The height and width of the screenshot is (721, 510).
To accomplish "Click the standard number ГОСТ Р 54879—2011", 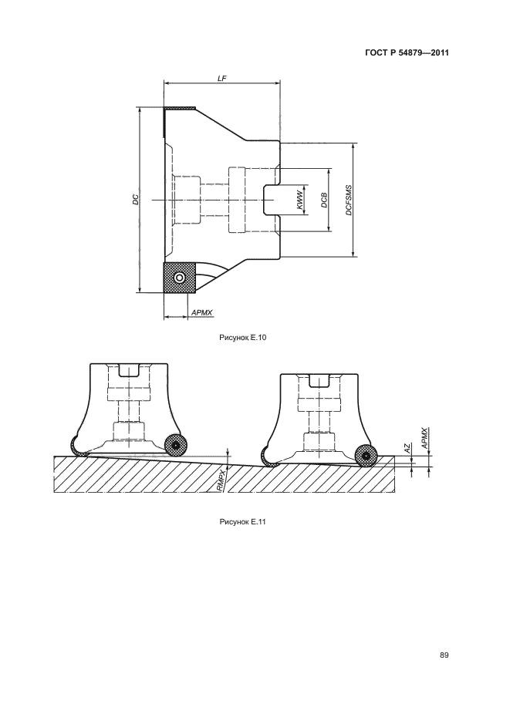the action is [x=407, y=52].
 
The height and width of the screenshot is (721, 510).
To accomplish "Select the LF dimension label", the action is [x=221, y=79].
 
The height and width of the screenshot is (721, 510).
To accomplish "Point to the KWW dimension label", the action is [x=300, y=200].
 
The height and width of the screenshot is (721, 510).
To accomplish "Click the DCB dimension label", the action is [x=324, y=200].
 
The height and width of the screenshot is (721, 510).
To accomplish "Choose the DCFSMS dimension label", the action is [x=349, y=200].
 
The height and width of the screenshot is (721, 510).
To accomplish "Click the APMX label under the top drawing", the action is [x=202, y=312].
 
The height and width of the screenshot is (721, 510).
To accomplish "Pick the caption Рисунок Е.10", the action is [x=243, y=338].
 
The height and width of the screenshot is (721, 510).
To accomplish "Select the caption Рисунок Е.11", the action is [x=243, y=522].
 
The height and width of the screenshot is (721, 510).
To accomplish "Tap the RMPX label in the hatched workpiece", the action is [x=221, y=480].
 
